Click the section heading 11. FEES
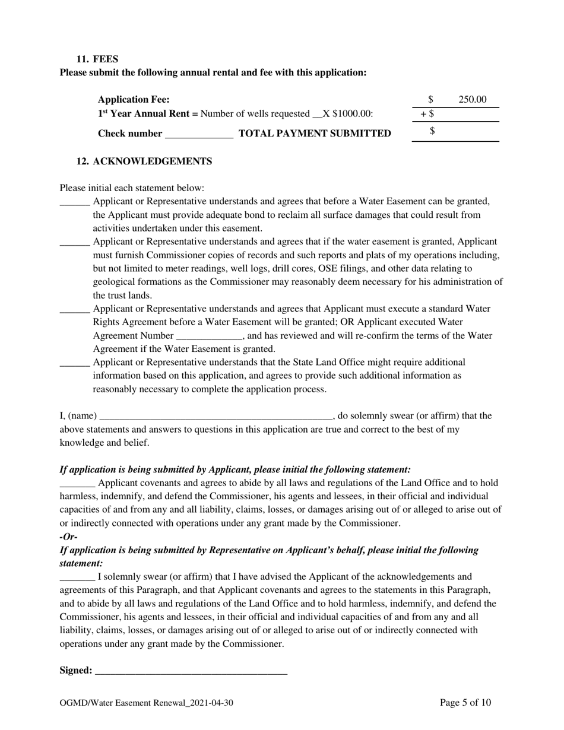click(97, 59)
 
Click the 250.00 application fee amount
click(472, 100)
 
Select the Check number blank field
click(199, 134)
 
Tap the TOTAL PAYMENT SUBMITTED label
click(315, 134)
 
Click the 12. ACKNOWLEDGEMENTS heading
click(144, 161)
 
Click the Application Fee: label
click(134, 100)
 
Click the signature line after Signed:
click(191, 672)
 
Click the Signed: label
click(76, 671)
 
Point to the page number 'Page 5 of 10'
click(465, 703)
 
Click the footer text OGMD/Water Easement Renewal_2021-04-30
click(146, 703)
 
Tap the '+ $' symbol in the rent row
click(427, 113)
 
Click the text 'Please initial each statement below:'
click(132, 188)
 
